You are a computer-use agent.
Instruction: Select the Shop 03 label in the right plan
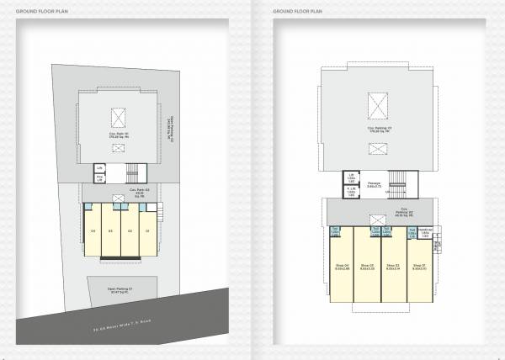pyautogui.click(x=367, y=267)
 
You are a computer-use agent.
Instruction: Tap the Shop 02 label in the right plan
pyautogui.click(x=393, y=267)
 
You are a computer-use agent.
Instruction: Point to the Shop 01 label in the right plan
pyautogui.click(x=418, y=267)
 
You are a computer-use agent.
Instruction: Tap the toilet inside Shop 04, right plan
pyautogui.click(x=335, y=232)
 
